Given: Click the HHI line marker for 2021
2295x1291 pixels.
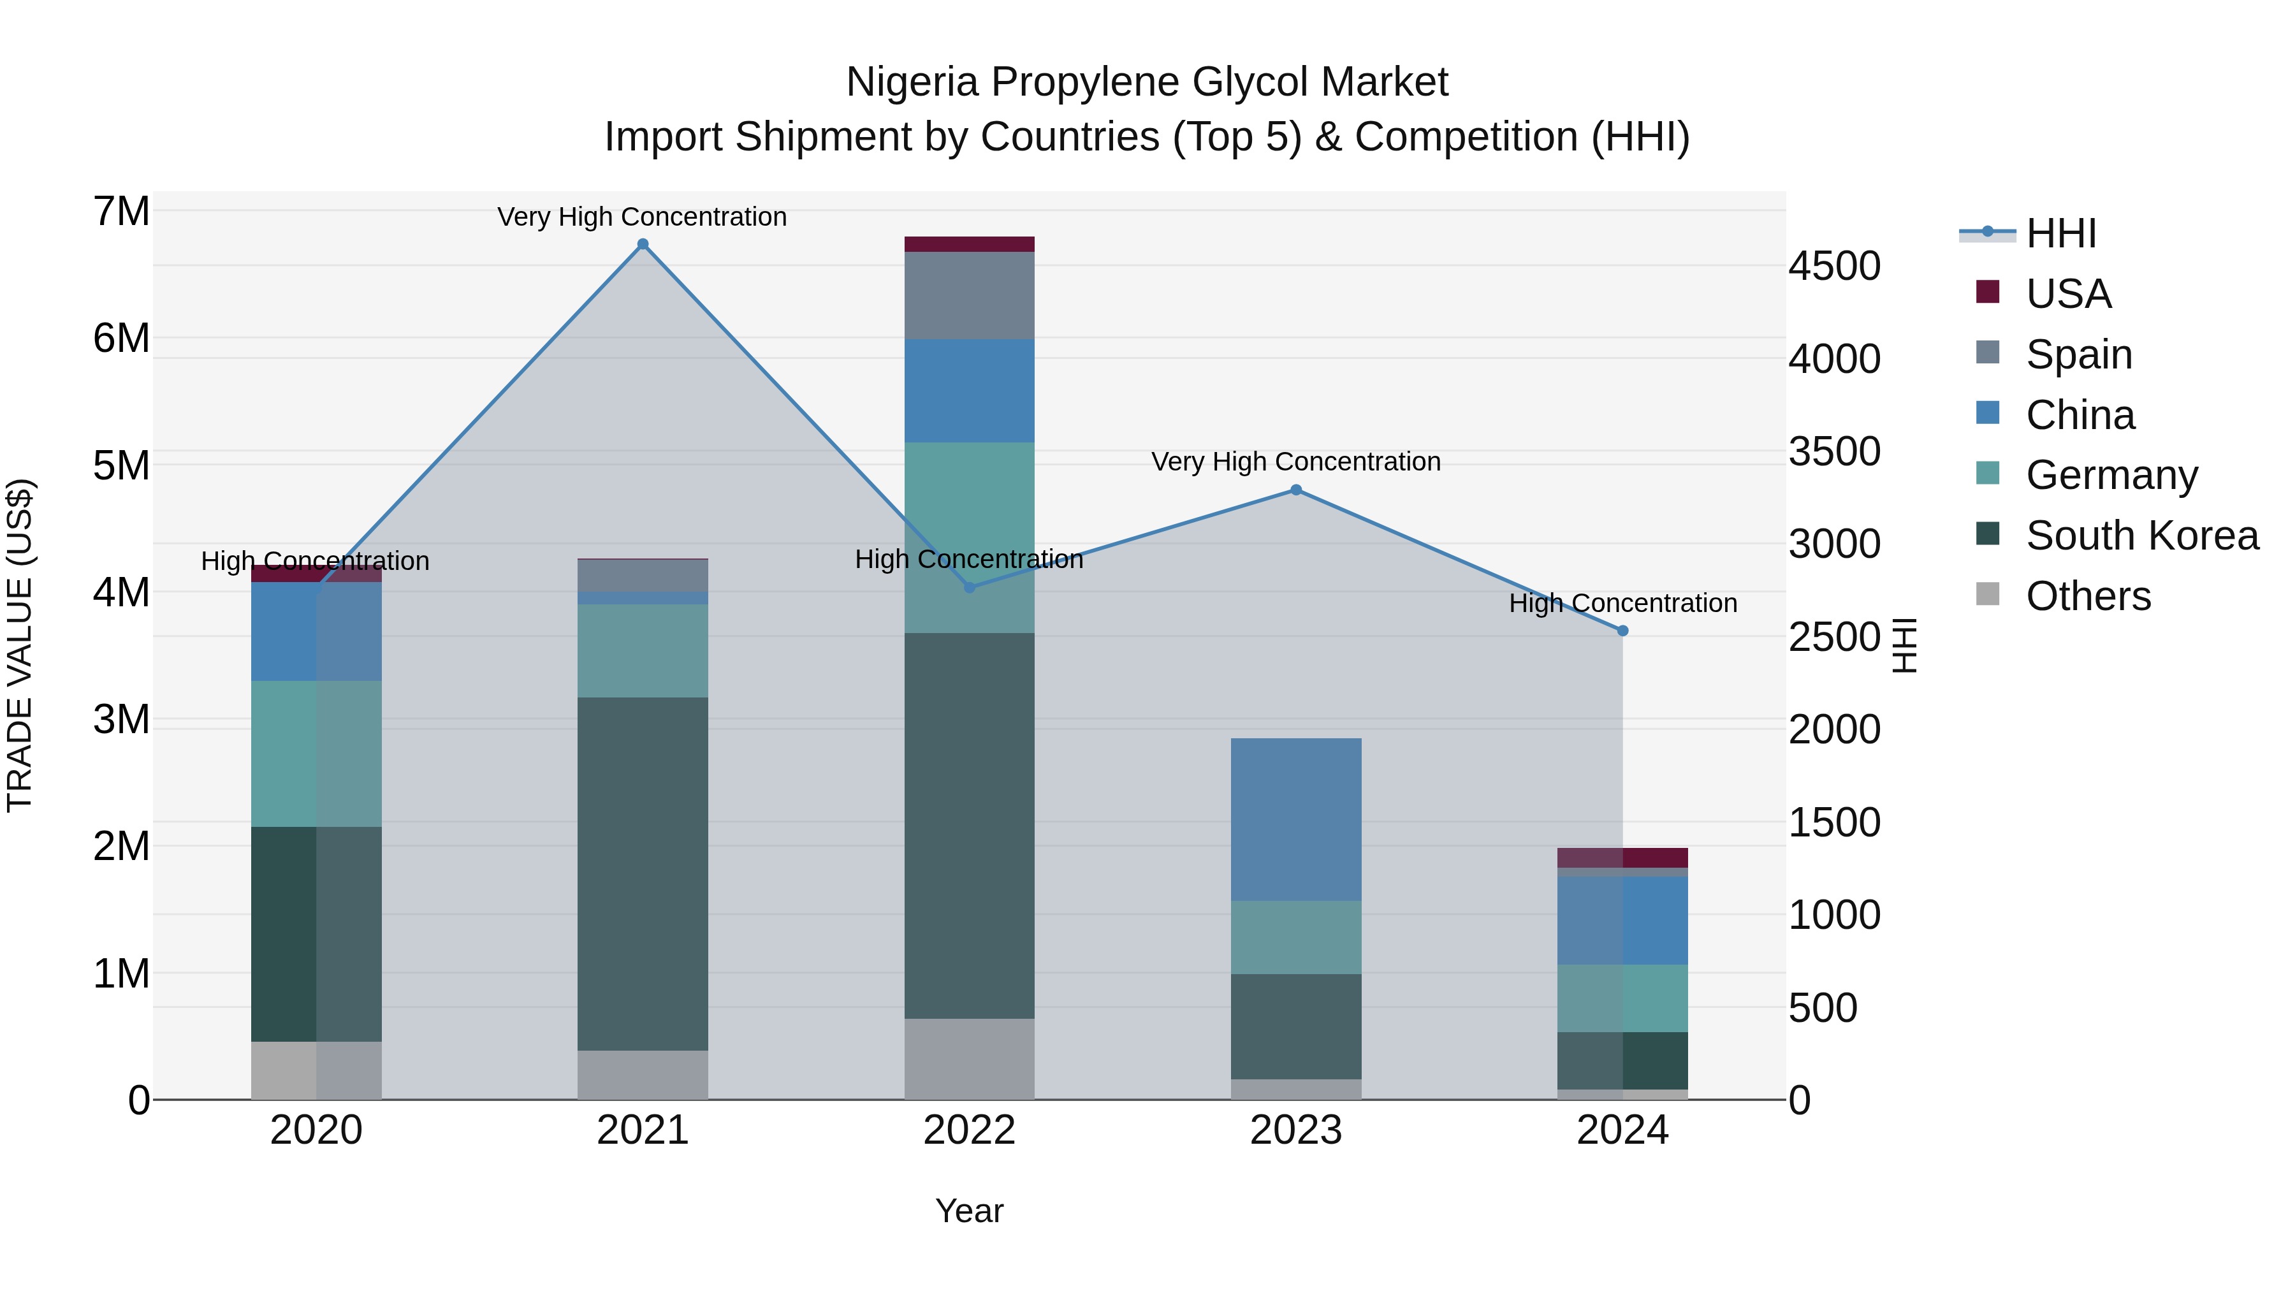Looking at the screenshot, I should pyautogui.click(x=643, y=244).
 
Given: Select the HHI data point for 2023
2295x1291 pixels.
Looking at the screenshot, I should pyautogui.click(x=1296, y=490).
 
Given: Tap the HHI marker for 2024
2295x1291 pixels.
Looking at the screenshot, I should pyautogui.click(x=1622, y=631).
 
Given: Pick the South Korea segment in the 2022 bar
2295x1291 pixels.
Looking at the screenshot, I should pyautogui.click(x=969, y=825).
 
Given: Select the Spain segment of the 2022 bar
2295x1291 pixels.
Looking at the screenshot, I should pyautogui.click(x=969, y=295).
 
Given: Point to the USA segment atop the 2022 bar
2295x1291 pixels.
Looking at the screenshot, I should pyautogui.click(x=969, y=244).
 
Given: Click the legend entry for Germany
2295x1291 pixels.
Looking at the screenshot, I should pyautogui.click(x=2111, y=475).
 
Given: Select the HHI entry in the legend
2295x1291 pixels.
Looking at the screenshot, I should pyautogui.click(x=2060, y=233).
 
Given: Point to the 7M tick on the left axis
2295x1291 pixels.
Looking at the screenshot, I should pyautogui.click(x=121, y=212).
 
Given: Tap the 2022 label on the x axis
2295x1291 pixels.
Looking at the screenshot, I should pyautogui.click(x=969, y=1130).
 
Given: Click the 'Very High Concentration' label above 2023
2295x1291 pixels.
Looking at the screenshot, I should pyautogui.click(x=1295, y=462).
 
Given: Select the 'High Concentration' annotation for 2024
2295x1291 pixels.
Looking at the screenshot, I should pyautogui.click(x=1622, y=603).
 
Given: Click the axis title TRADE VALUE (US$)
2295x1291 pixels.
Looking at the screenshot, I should pyautogui.click(x=20, y=645).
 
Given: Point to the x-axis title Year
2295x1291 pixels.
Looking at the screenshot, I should pyautogui.click(x=969, y=1211).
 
